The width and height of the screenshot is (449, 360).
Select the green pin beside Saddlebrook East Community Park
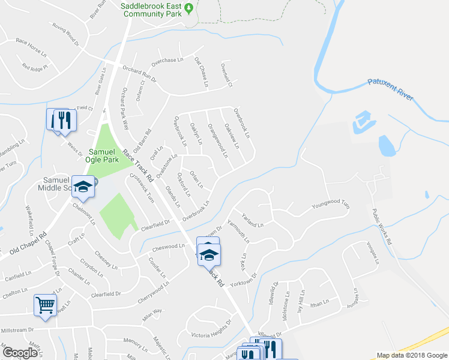click(x=188, y=8)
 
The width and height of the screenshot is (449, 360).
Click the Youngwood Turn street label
click(x=330, y=206)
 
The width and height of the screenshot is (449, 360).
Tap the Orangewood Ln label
click(x=217, y=140)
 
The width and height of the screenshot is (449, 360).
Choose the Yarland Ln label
click(x=252, y=220)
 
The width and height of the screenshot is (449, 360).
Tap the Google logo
click(x=20, y=352)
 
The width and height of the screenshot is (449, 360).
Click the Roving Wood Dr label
click(x=65, y=35)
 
